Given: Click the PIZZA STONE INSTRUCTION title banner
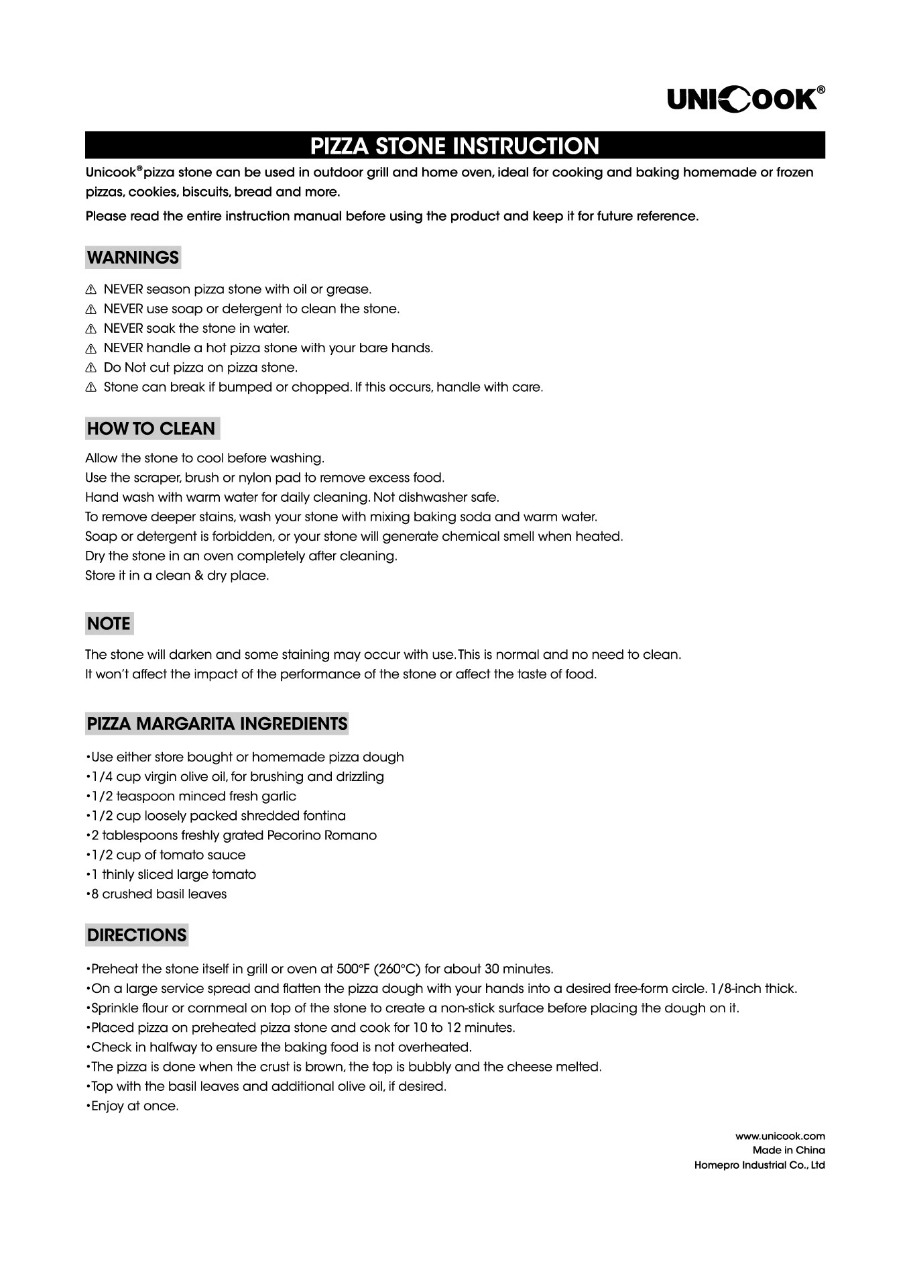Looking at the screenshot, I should pyautogui.click(x=454, y=146).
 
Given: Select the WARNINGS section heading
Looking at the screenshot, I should pyautogui.click(x=133, y=258).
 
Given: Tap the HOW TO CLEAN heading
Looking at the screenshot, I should pyautogui.click(x=151, y=429).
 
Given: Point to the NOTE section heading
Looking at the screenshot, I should pyautogui.click(x=109, y=624).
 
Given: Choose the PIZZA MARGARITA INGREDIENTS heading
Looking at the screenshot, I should pyautogui.click(x=217, y=725).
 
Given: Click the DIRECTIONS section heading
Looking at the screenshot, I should pyautogui.click(x=137, y=935).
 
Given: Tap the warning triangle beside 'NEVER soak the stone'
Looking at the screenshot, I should pyautogui.click(x=91, y=329).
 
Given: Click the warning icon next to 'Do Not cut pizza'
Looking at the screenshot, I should pyautogui.click(x=91, y=368).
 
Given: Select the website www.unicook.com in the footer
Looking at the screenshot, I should pyautogui.click(x=780, y=1136).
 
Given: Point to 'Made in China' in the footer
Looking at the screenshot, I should pyautogui.click(x=788, y=1150).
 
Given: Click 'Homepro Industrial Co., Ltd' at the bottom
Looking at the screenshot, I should pyautogui.click(x=760, y=1165).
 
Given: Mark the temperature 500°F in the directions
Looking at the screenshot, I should pyautogui.click(x=355, y=969).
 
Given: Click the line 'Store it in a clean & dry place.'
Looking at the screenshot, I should pyautogui.click(x=177, y=576).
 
